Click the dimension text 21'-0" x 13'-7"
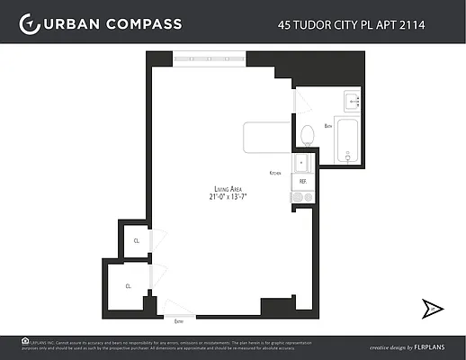(223, 196)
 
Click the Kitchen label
(275, 172)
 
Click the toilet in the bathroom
(307, 134)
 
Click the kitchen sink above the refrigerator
(302, 163)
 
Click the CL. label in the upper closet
(137, 241)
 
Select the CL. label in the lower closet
(129, 285)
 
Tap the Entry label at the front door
(179, 320)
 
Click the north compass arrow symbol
(432, 309)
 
